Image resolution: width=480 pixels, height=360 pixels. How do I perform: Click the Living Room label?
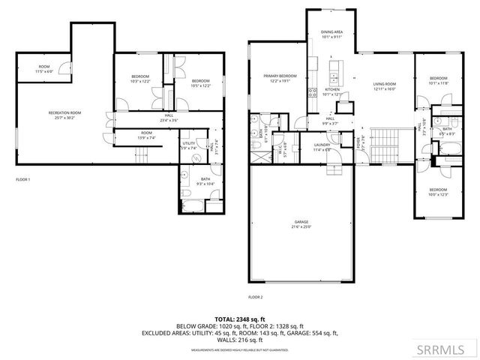[x=383, y=87]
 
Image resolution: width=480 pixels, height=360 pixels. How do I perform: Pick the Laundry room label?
[x=323, y=147]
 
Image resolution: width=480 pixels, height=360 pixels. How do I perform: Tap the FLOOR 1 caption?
[x=23, y=180]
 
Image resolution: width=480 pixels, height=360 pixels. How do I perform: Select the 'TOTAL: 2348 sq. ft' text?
[x=240, y=319]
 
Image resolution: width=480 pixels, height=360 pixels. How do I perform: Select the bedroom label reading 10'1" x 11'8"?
[x=437, y=81]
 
